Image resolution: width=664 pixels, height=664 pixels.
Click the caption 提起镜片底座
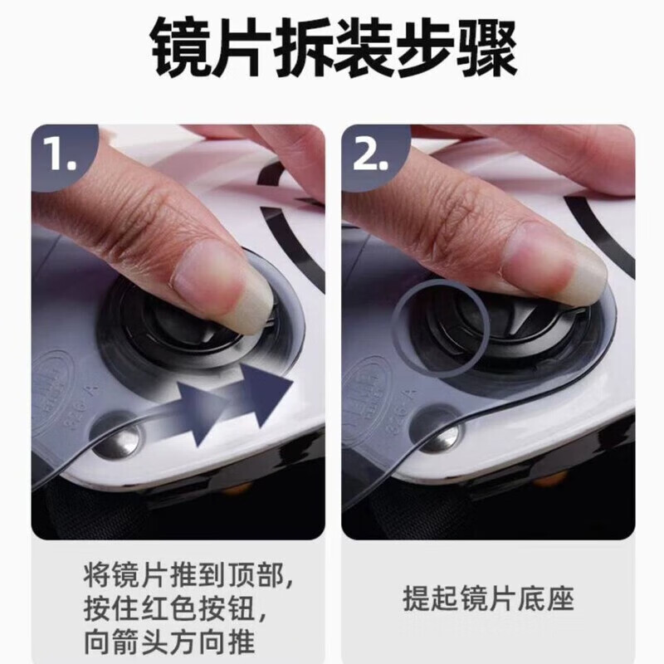488,598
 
